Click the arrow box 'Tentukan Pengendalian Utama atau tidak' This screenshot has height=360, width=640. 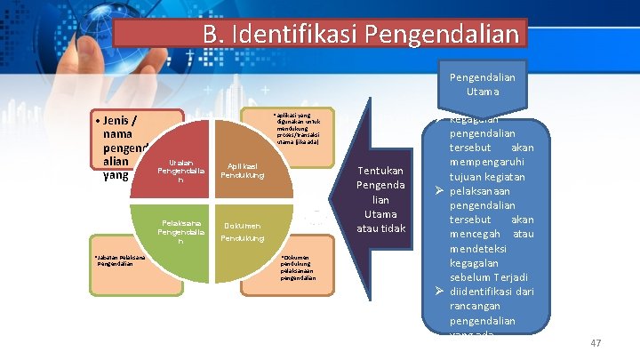380,200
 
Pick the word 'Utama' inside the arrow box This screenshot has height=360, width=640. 380,214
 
